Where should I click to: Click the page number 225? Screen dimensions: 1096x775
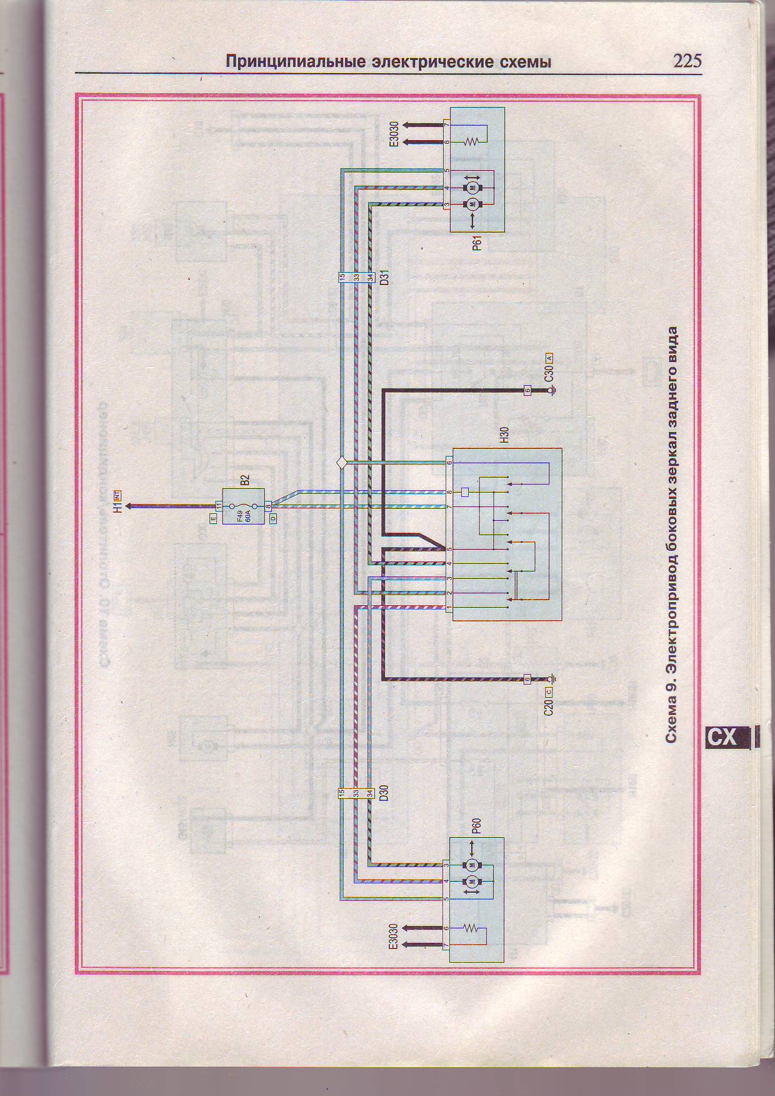(687, 61)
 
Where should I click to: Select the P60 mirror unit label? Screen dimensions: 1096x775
(476, 826)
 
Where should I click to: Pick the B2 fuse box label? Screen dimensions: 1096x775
(245, 480)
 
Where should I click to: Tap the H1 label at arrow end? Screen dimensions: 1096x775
(117, 506)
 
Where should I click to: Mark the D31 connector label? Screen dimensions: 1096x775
(385, 277)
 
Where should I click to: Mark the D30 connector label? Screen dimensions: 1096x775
(385, 793)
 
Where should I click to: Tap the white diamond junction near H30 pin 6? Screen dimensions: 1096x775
(341, 463)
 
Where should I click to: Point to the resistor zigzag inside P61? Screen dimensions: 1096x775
(472, 142)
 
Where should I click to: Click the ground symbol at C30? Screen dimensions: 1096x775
(552, 391)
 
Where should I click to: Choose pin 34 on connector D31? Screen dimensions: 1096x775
(370, 277)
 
